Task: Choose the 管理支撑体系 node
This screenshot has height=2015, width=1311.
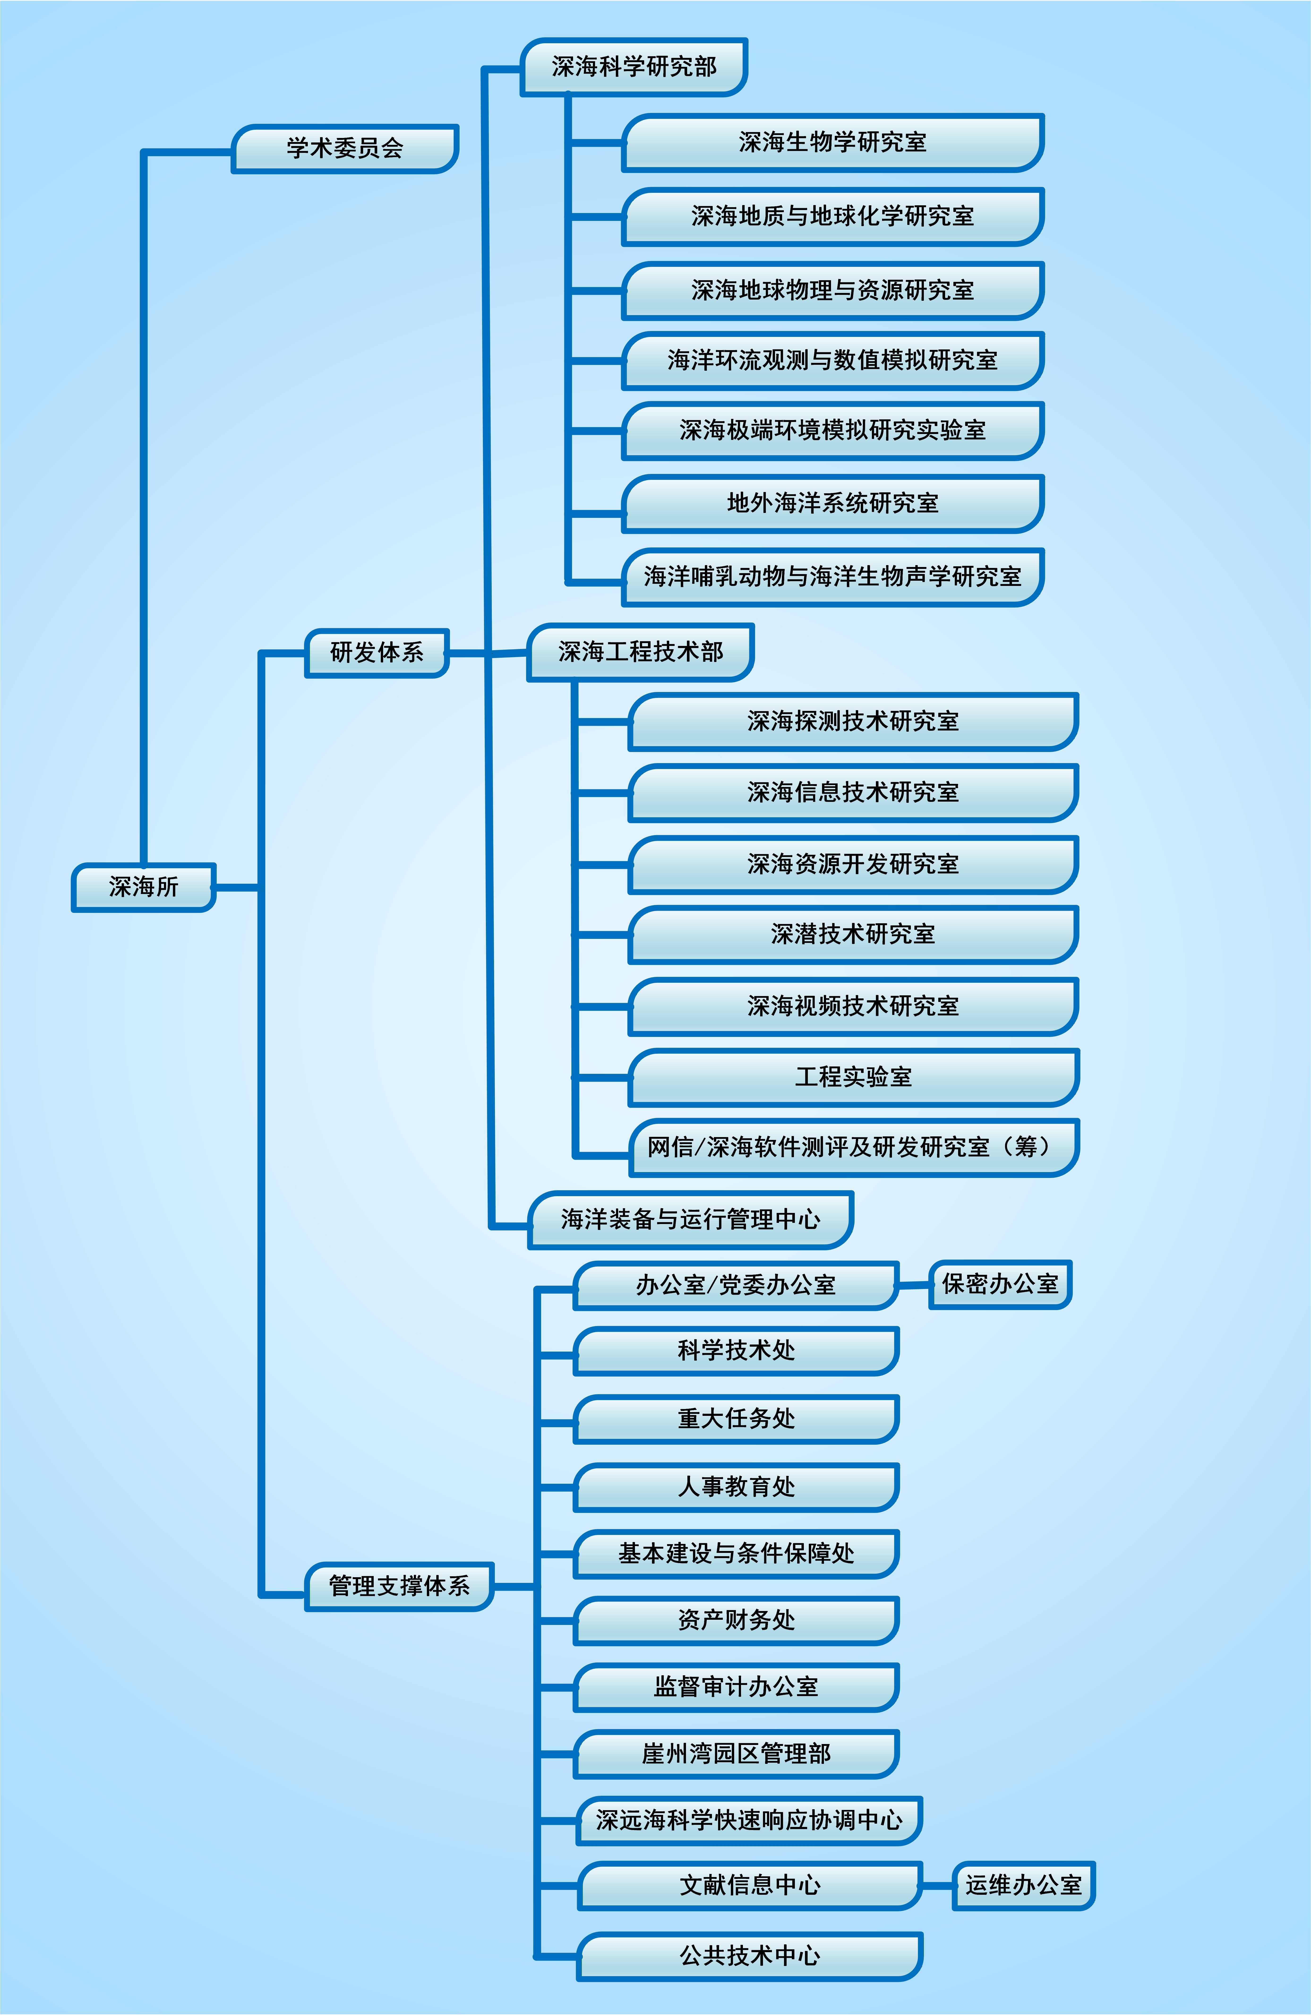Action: (x=399, y=1586)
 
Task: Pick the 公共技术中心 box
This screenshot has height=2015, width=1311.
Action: (x=750, y=1956)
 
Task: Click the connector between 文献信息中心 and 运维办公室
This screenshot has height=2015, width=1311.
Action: (x=937, y=1886)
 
